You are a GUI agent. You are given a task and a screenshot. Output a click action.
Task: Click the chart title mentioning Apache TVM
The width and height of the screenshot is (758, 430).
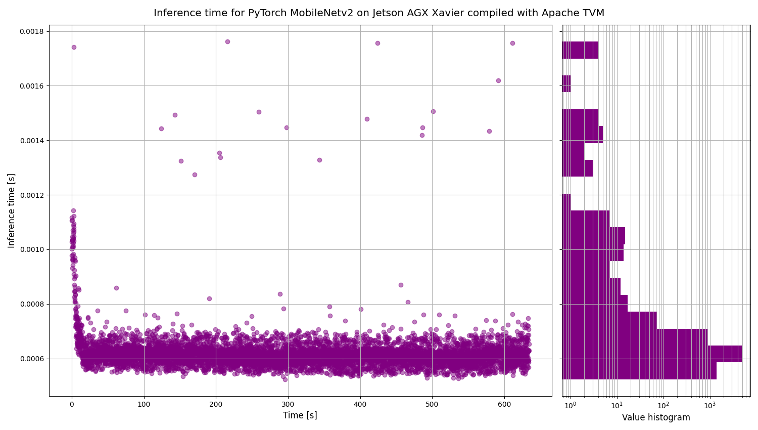click(378, 13)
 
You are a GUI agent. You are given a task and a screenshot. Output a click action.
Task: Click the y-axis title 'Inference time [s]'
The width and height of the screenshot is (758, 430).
click(11, 210)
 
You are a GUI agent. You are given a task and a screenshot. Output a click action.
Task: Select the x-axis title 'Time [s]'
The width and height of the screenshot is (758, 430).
click(300, 415)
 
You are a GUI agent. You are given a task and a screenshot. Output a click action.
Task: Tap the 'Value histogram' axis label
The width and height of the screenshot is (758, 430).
click(656, 417)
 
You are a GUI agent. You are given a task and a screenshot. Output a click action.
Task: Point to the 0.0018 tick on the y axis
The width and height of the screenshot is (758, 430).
click(31, 31)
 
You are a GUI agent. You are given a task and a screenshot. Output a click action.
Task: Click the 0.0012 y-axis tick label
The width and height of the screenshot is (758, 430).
click(31, 195)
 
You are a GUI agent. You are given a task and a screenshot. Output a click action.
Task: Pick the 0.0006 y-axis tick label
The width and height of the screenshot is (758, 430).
click(31, 359)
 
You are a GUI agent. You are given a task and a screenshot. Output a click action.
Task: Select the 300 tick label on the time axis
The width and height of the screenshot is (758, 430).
click(288, 404)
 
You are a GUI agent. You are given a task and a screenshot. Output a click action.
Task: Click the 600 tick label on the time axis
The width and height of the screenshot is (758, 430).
click(504, 404)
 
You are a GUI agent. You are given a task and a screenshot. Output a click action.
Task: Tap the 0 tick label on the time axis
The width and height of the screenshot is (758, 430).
click(72, 404)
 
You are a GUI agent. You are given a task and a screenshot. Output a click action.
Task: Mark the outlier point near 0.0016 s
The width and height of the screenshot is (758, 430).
click(498, 80)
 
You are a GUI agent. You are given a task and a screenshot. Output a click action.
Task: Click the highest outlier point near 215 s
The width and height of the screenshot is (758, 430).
click(227, 41)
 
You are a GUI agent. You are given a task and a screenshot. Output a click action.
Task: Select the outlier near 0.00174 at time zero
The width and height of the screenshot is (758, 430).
click(74, 47)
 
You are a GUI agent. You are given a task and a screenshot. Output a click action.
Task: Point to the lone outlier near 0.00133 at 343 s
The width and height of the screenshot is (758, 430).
click(319, 160)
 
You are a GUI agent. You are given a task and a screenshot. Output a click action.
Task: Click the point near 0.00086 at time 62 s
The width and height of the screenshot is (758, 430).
click(116, 288)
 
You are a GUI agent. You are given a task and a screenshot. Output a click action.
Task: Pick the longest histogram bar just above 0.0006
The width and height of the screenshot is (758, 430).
click(652, 354)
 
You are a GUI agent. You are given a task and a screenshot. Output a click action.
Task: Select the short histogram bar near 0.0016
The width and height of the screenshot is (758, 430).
click(567, 83)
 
